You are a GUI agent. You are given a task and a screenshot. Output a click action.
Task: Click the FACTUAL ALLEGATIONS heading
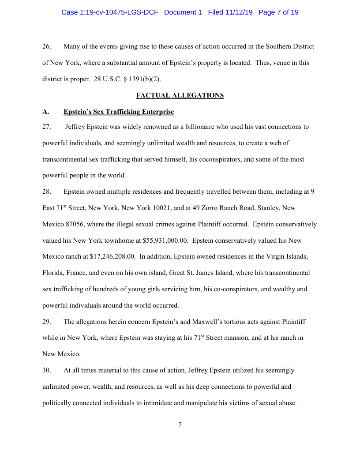(180, 95)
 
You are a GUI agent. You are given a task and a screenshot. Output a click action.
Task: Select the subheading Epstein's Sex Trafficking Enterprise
(119, 112)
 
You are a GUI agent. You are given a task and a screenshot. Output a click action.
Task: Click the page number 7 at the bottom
(180, 425)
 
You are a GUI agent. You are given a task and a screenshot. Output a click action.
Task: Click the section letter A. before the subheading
(45, 112)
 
